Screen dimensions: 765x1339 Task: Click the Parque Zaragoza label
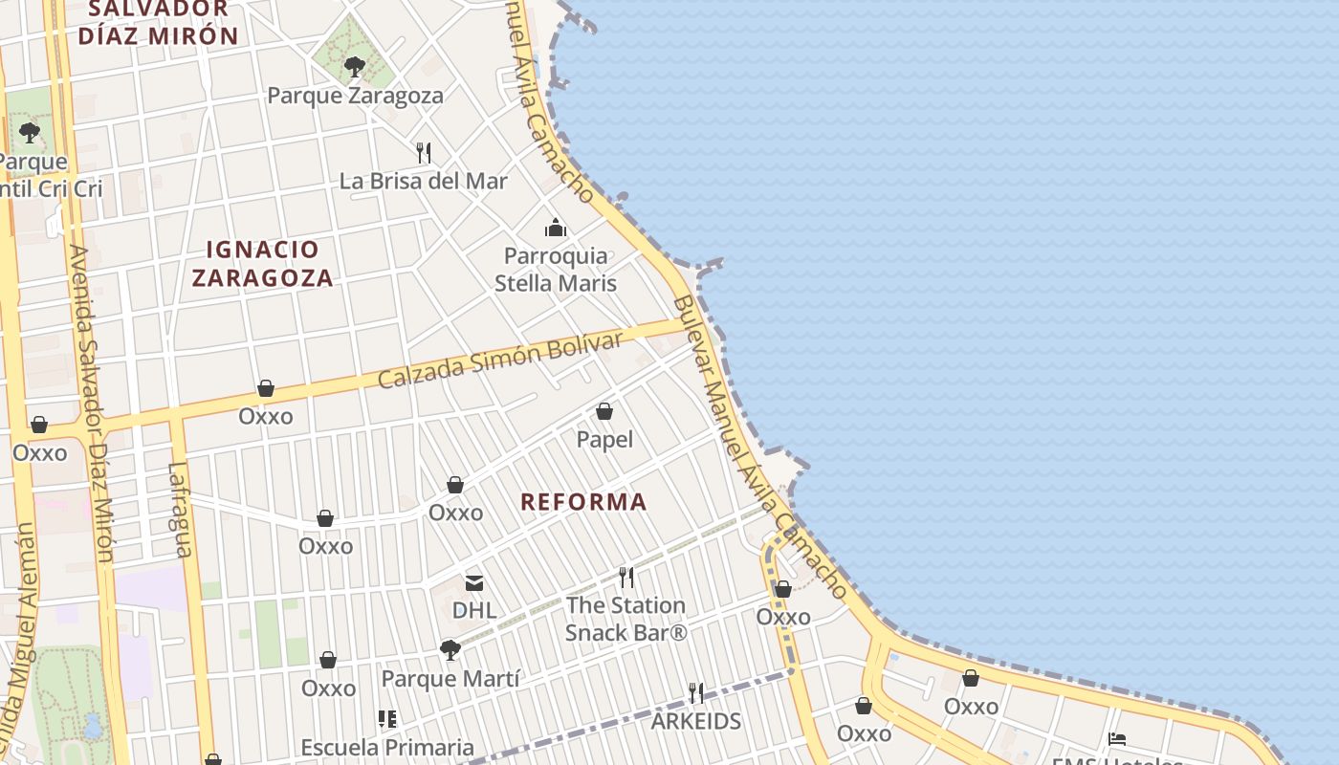click(355, 96)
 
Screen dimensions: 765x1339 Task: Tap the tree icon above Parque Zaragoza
click(355, 66)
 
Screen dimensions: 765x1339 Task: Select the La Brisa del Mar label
click(424, 181)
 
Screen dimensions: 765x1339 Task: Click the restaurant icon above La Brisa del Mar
click(424, 152)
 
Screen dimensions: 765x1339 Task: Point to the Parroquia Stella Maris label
click(556, 270)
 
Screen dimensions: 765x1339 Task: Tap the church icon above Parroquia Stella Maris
click(556, 228)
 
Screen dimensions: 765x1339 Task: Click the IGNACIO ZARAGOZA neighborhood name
click(262, 264)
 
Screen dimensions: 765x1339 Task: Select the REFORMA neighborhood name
click(583, 502)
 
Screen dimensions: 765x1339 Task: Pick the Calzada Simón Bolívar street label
click(500, 361)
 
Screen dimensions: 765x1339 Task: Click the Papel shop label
click(604, 439)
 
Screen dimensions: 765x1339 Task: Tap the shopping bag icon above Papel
click(604, 411)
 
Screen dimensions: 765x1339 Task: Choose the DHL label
click(474, 610)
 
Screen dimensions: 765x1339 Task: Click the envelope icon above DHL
click(474, 582)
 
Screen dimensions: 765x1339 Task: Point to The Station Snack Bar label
click(626, 619)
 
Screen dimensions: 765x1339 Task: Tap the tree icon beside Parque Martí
click(450, 651)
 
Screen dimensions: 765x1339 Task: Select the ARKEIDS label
click(696, 721)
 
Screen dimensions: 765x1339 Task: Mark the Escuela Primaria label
click(387, 747)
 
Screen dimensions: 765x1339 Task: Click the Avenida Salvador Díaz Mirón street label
click(92, 402)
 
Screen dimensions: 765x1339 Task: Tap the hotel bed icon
click(1116, 738)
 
